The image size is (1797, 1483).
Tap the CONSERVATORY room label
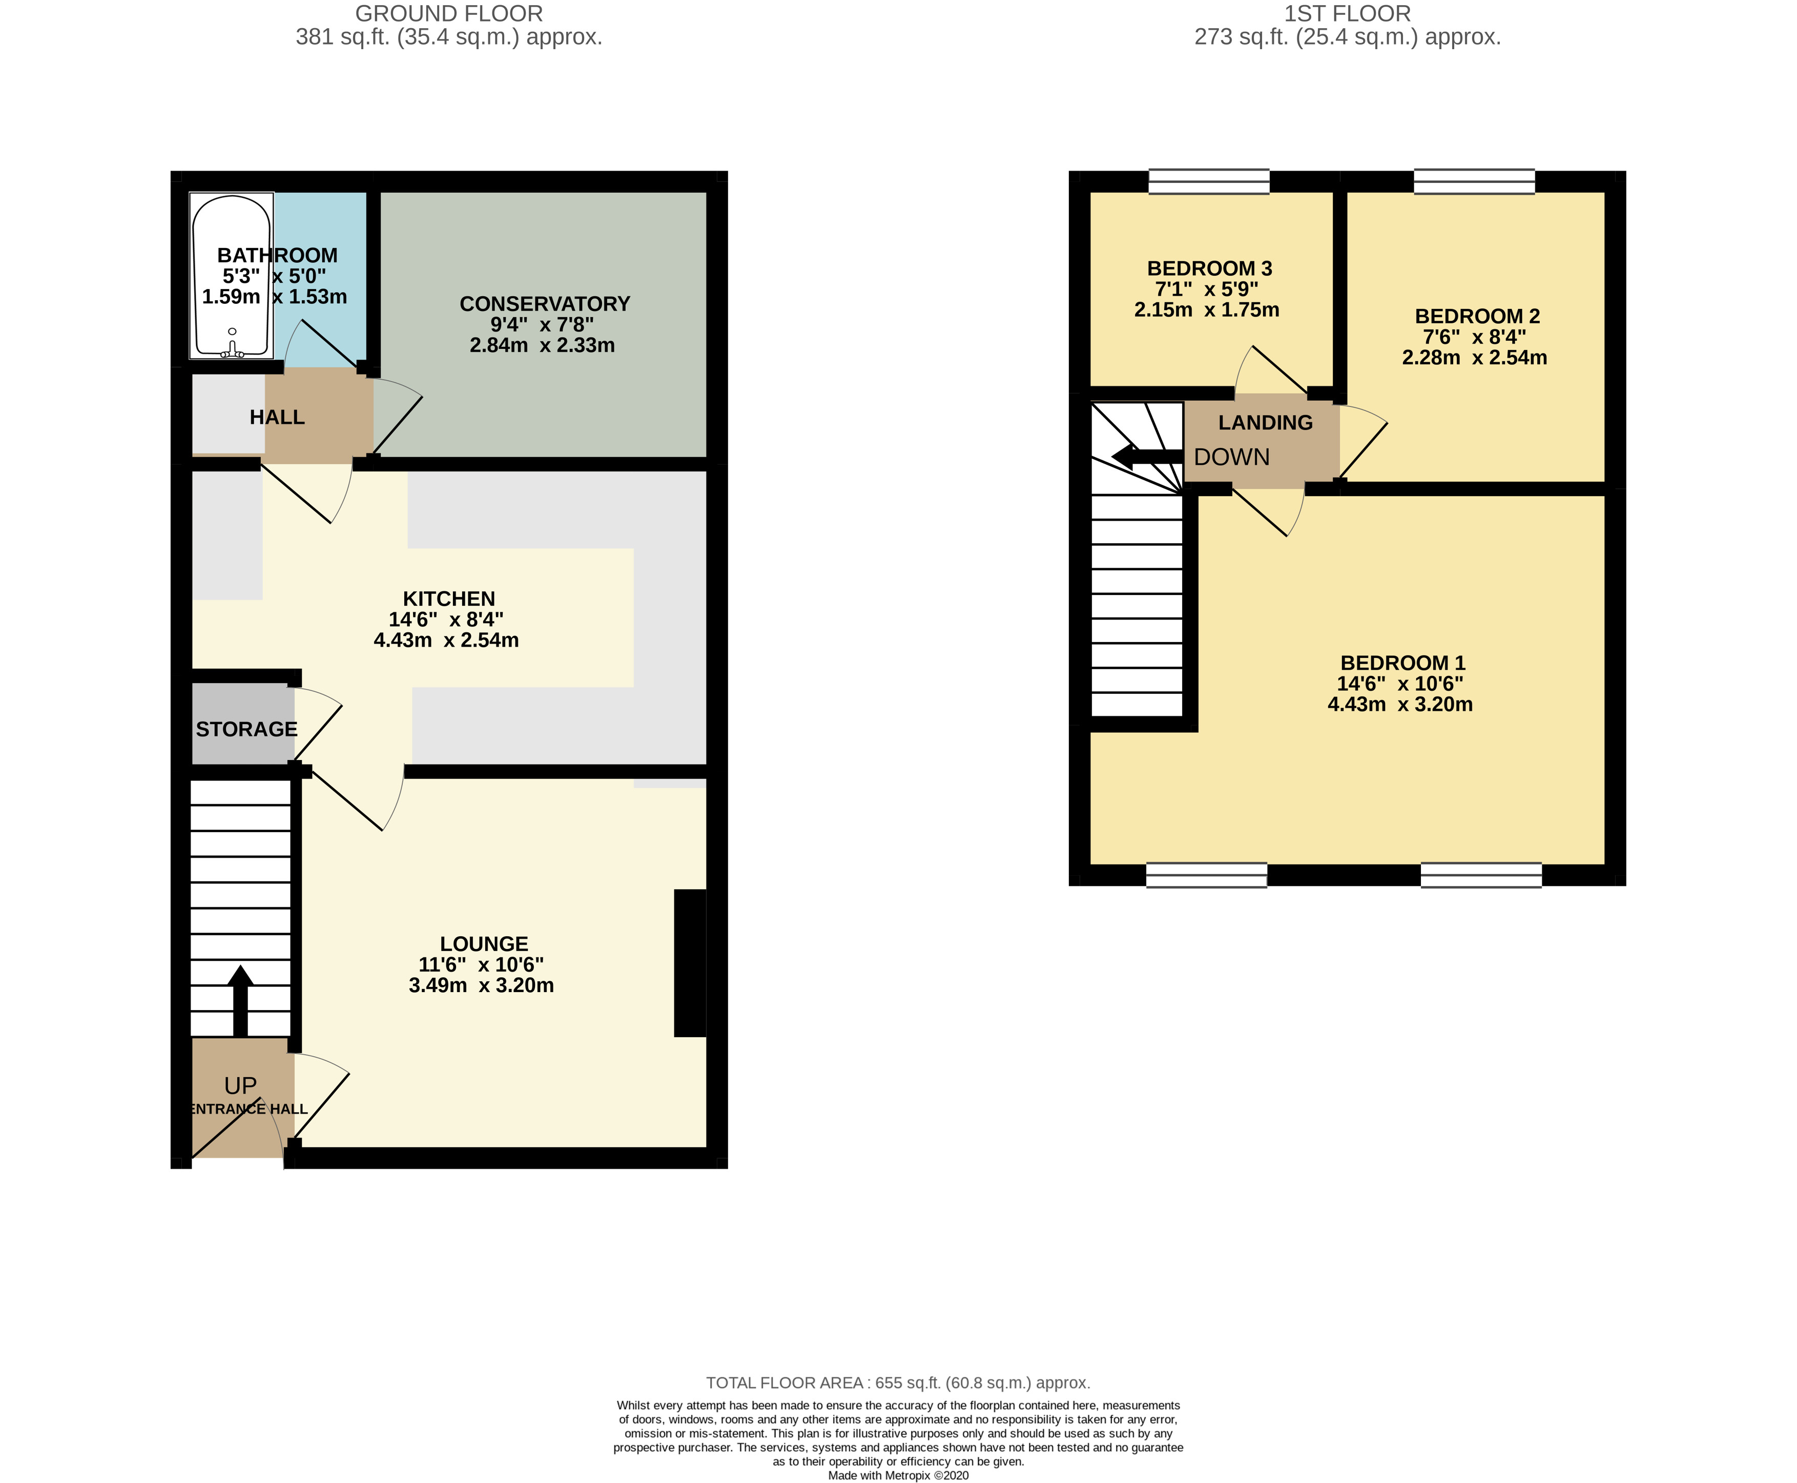[x=544, y=304]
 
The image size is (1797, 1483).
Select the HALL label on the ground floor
[x=277, y=417]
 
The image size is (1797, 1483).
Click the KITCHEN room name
[x=448, y=599]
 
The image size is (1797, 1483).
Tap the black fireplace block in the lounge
[x=690, y=963]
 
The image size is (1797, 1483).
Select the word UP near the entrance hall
[x=240, y=1086]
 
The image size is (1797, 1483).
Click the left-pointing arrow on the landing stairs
[x=1147, y=456]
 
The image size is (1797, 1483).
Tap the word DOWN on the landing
[x=1232, y=457]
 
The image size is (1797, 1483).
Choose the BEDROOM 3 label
[x=1209, y=268]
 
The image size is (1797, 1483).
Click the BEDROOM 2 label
[x=1477, y=316]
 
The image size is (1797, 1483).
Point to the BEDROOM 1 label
[x=1402, y=663]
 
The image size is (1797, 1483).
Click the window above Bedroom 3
[x=1209, y=181]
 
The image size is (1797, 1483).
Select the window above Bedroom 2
[x=1474, y=181]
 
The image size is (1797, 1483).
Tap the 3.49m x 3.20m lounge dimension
[x=481, y=985]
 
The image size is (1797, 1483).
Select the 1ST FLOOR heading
[x=1347, y=14]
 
